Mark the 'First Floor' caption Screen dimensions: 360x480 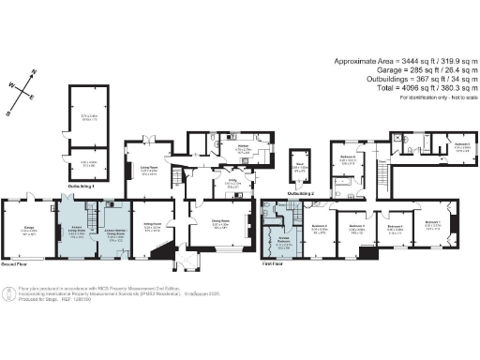274,265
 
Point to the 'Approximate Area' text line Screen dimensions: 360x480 402,61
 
